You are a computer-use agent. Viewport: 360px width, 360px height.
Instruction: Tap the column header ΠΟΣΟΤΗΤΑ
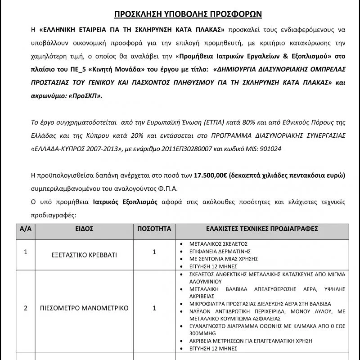[154, 229]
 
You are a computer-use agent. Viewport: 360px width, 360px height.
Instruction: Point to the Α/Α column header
[25, 229]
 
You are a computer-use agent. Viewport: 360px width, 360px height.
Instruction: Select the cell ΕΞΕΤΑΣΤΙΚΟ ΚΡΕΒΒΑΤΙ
[84, 254]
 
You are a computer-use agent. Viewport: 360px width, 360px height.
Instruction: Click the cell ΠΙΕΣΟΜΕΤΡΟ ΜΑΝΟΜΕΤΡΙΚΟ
[84, 308]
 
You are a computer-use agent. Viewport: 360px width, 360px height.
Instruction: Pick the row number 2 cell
[25, 308]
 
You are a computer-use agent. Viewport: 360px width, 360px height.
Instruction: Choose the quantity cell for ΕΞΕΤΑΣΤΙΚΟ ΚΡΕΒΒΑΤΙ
[154, 252]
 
